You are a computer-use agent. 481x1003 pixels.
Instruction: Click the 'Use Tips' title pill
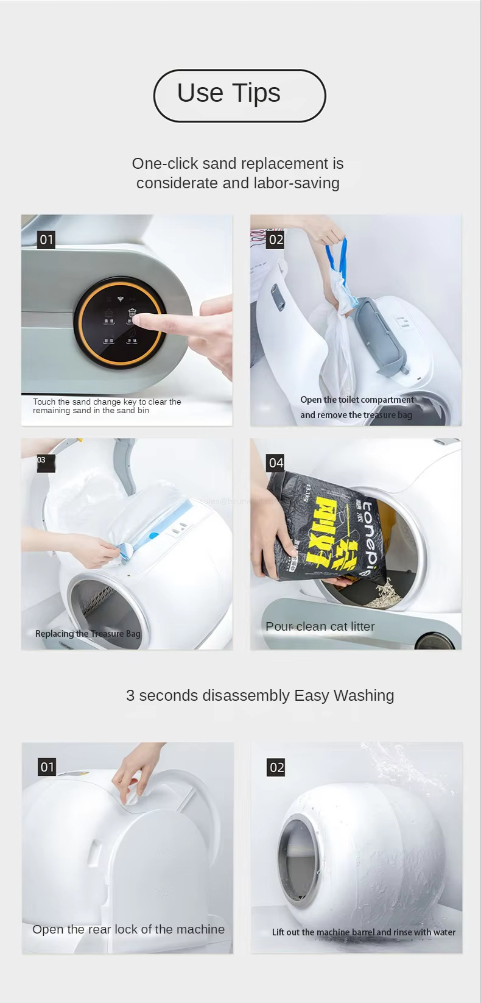tap(239, 96)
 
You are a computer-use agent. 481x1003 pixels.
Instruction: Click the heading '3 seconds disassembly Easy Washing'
tap(260, 695)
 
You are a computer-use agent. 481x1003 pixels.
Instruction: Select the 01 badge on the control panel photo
tap(47, 239)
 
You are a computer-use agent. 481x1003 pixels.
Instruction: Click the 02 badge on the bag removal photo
tap(276, 239)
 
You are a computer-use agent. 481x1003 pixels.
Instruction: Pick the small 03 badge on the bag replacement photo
tap(42, 460)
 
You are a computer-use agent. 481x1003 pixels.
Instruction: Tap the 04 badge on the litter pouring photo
tap(276, 463)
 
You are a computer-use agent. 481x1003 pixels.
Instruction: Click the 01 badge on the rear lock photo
tap(47, 767)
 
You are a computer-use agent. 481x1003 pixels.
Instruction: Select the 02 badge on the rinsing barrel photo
tap(276, 767)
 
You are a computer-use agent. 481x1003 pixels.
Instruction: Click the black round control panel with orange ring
tap(120, 324)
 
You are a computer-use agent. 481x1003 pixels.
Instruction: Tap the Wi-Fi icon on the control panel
tap(121, 299)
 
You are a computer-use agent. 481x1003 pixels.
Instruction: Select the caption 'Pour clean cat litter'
tap(320, 626)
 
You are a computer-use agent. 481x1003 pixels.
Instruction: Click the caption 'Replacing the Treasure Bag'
tap(88, 634)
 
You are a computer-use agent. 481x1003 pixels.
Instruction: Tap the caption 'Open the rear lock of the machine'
tap(128, 929)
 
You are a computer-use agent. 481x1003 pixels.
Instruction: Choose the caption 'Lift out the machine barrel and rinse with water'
tap(363, 932)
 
